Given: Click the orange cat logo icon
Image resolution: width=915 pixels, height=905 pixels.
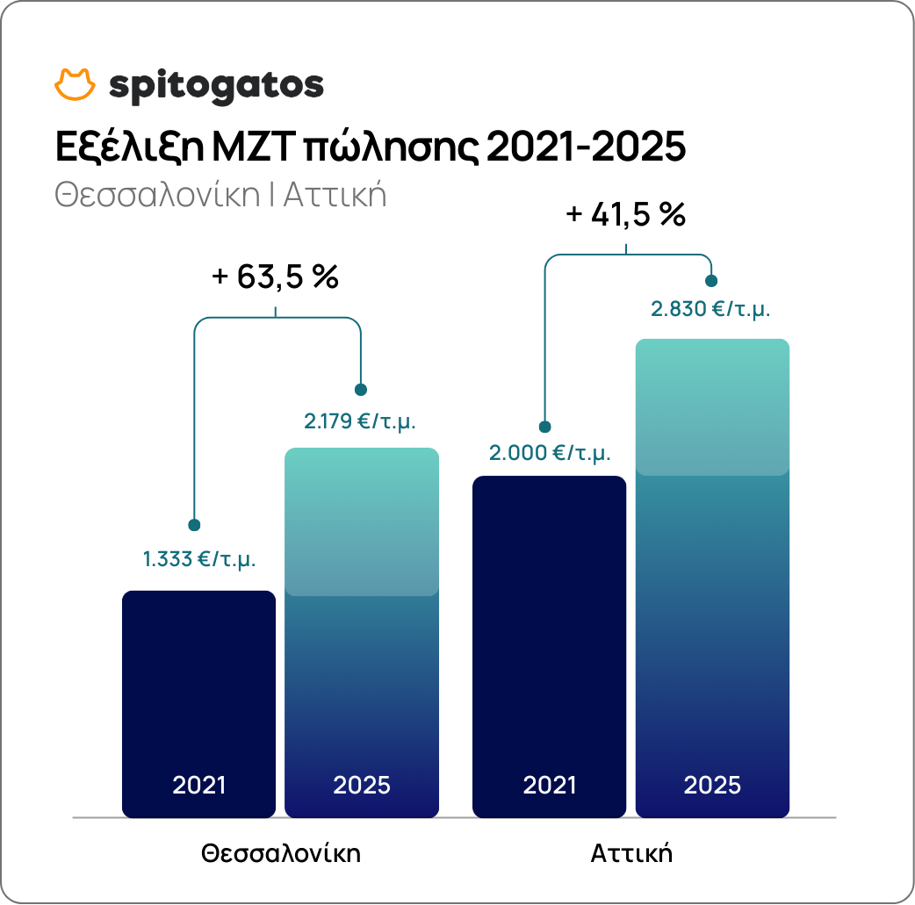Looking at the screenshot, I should [x=75, y=84].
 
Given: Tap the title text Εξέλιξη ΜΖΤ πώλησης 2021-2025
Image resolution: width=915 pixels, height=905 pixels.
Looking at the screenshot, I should [x=369, y=147].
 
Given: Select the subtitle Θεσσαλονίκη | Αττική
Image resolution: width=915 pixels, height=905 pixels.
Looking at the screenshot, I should [x=220, y=193].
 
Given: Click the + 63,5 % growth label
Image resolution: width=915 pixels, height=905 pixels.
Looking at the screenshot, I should [x=276, y=277].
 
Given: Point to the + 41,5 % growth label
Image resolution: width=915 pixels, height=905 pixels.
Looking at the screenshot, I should [x=625, y=214].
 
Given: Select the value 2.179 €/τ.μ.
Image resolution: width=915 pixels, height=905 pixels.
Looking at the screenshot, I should [x=360, y=420].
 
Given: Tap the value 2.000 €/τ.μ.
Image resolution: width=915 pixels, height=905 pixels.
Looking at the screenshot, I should [x=550, y=453].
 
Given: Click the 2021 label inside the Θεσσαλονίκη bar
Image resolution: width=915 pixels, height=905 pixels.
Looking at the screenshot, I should [x=199, y=784].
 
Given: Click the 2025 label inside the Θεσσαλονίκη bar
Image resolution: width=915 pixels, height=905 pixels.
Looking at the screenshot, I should [x=362, y=784].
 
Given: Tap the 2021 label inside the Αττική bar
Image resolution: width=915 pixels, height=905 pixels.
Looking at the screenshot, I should [x=550, y=784].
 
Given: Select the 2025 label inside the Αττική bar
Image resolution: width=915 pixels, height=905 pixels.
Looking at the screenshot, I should [x=712, y=784].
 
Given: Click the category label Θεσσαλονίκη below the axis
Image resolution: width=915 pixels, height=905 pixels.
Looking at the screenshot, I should [x=281, y=853].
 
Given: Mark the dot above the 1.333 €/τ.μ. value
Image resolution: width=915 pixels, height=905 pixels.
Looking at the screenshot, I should [x=194, y=525].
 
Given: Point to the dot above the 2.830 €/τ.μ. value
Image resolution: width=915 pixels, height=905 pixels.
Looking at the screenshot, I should [x=711, y=281].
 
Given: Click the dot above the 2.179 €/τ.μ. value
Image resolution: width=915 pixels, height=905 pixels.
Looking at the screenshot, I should [x=360, y=390].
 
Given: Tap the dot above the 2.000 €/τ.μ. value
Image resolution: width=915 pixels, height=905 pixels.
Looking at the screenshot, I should [x=544, y=427].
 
